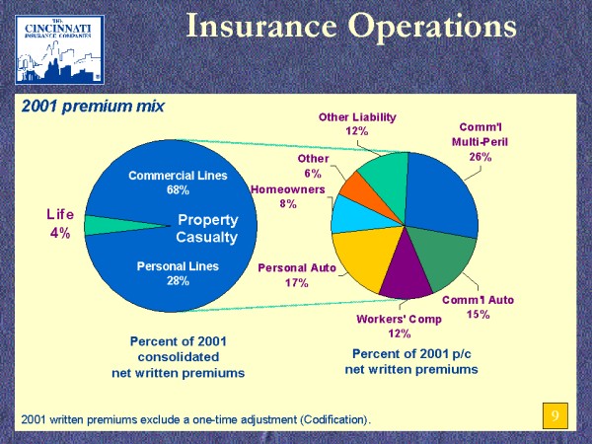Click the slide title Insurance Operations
351,27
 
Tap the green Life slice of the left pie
97,225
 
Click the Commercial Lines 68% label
178,183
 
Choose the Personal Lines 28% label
178,272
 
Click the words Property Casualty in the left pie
207,228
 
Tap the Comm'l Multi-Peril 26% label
482,141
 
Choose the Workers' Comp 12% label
399,326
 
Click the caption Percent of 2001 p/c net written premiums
410,361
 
